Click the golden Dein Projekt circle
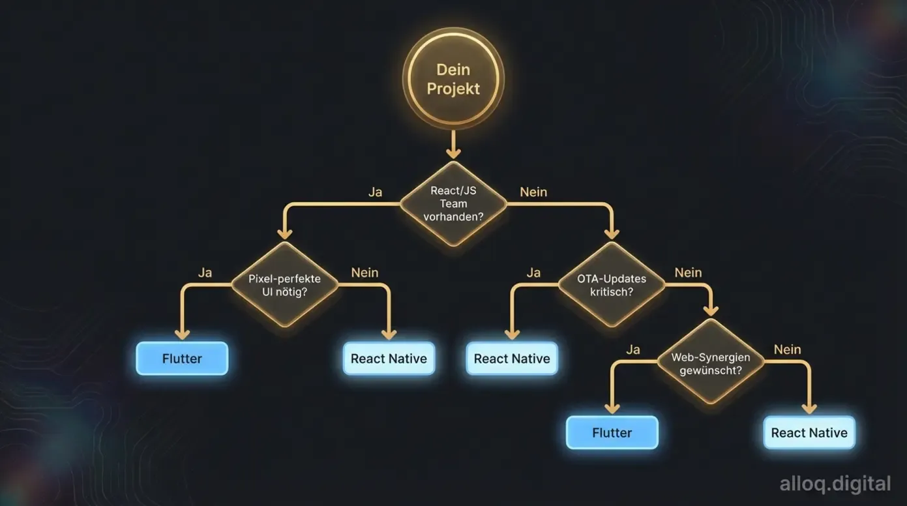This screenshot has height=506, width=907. (x=453, y=79)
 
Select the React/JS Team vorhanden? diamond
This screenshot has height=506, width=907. (x=453, y=203)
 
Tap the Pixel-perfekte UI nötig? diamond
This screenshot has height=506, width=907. (x=285, y=285)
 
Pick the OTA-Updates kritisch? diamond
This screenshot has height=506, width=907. (x=612, y=285)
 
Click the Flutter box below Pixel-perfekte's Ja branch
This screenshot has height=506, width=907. (x=182, y=359)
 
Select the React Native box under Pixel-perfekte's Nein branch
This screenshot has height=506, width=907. (x=389, y=359)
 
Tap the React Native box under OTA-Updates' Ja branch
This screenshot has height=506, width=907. (x=512, y=359)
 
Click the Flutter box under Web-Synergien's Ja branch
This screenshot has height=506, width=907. (x=612, y=433)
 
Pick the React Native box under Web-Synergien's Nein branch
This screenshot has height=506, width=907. (x=809, y=433)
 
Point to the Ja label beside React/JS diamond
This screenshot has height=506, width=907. (x=375, y=192)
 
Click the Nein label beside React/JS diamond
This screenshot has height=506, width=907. (x=533, y=192)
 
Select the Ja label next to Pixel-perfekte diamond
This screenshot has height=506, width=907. (x=205, y=273)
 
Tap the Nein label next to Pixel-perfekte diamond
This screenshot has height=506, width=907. (x=364, y=273)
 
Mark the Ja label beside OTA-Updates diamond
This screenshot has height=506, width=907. (x=533, y=273)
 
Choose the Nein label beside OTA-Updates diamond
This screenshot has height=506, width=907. (x=688, y=273)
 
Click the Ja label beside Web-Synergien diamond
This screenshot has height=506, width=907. (x=632, y=350)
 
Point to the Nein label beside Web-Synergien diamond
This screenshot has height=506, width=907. (x=787, y=350)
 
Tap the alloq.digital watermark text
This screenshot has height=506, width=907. (x=835, y=484)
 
